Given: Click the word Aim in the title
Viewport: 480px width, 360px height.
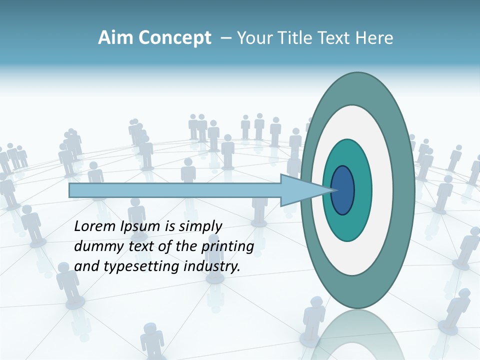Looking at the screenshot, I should pyautogui.click(x=113, y=38).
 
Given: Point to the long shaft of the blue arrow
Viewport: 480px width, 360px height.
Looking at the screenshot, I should pyautogui.click(x=175, y=190).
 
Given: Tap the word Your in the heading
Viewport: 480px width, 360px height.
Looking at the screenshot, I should pyautogui.click(x=254, y=38).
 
